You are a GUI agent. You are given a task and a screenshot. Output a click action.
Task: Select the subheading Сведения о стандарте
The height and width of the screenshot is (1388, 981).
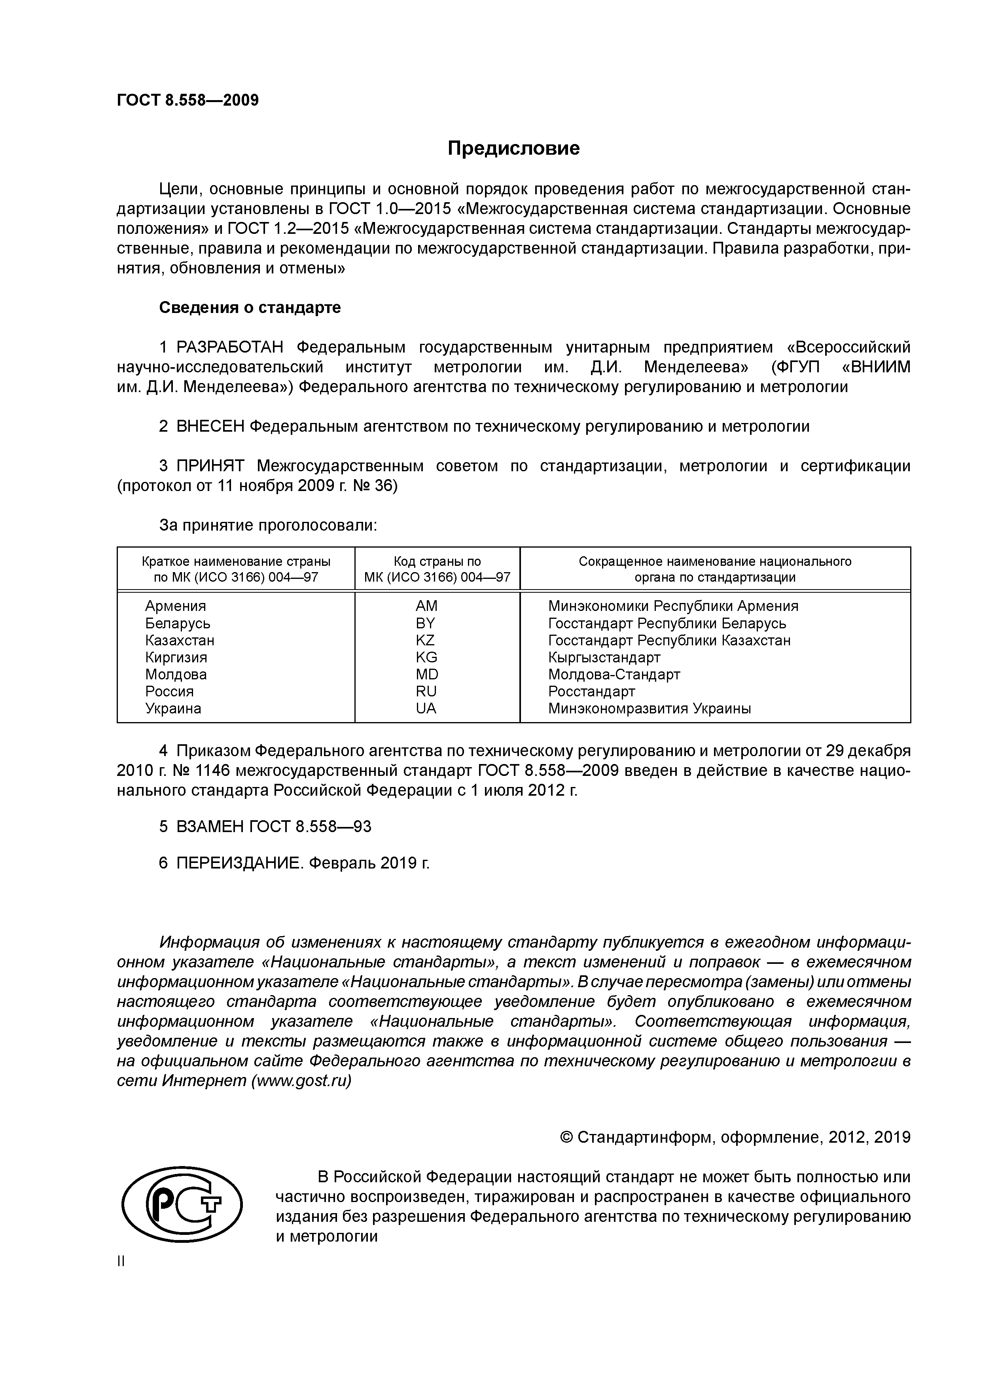tap(250, 308)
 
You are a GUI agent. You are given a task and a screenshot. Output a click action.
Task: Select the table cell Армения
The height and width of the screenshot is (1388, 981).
tap(175, 606)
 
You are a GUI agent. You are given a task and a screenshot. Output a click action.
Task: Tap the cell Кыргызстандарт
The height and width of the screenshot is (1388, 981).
tap(604, 657)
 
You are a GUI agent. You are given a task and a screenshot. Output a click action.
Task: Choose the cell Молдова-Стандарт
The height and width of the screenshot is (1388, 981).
tap(614, 674)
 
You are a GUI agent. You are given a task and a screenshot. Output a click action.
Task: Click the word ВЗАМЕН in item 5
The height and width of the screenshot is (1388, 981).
tap(210, 827)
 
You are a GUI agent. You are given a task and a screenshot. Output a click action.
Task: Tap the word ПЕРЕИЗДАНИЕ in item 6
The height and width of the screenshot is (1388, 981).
tap(239, 863)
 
